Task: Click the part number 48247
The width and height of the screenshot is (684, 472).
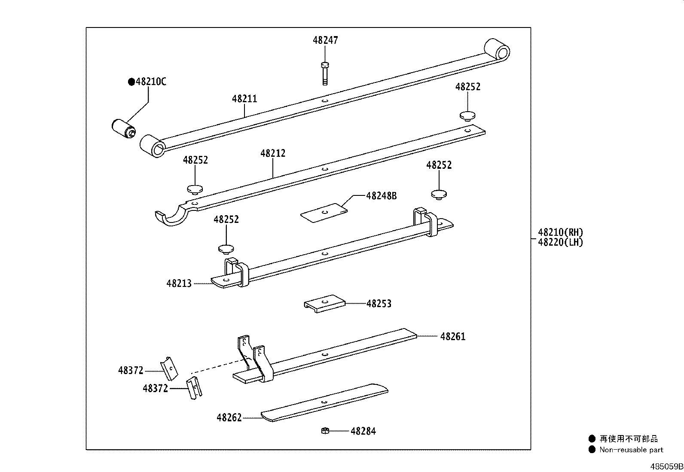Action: pos(325,40)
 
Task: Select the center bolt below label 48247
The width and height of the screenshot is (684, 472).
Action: pos(325,73)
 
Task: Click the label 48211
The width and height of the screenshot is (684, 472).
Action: pos(244,99)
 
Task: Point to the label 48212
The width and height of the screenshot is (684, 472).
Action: pos(273,153)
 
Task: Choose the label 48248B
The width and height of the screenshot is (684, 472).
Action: pos(381,196)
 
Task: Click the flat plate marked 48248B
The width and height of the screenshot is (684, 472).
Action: pos(324,213)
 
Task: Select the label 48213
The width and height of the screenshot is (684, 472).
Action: pos(179,283)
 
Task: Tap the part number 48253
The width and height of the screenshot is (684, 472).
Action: pos(379,304)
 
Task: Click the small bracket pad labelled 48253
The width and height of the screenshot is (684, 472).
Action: pos(325,303)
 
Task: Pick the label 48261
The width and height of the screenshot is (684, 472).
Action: pos(452,336)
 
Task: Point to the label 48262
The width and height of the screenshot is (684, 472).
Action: pos(229,417)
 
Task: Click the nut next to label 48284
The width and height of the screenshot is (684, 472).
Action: pos(325,430)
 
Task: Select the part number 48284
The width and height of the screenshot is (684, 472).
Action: pos(363,431)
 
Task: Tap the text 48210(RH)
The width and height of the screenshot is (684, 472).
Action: pos(560,232)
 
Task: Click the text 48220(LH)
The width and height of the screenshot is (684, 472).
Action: pos(560,242)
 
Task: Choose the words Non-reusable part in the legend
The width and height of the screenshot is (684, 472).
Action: pos(631,450)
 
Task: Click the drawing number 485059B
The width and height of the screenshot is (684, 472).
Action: pos(666,466)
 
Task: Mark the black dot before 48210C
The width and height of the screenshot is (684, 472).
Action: pos(131,82)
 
